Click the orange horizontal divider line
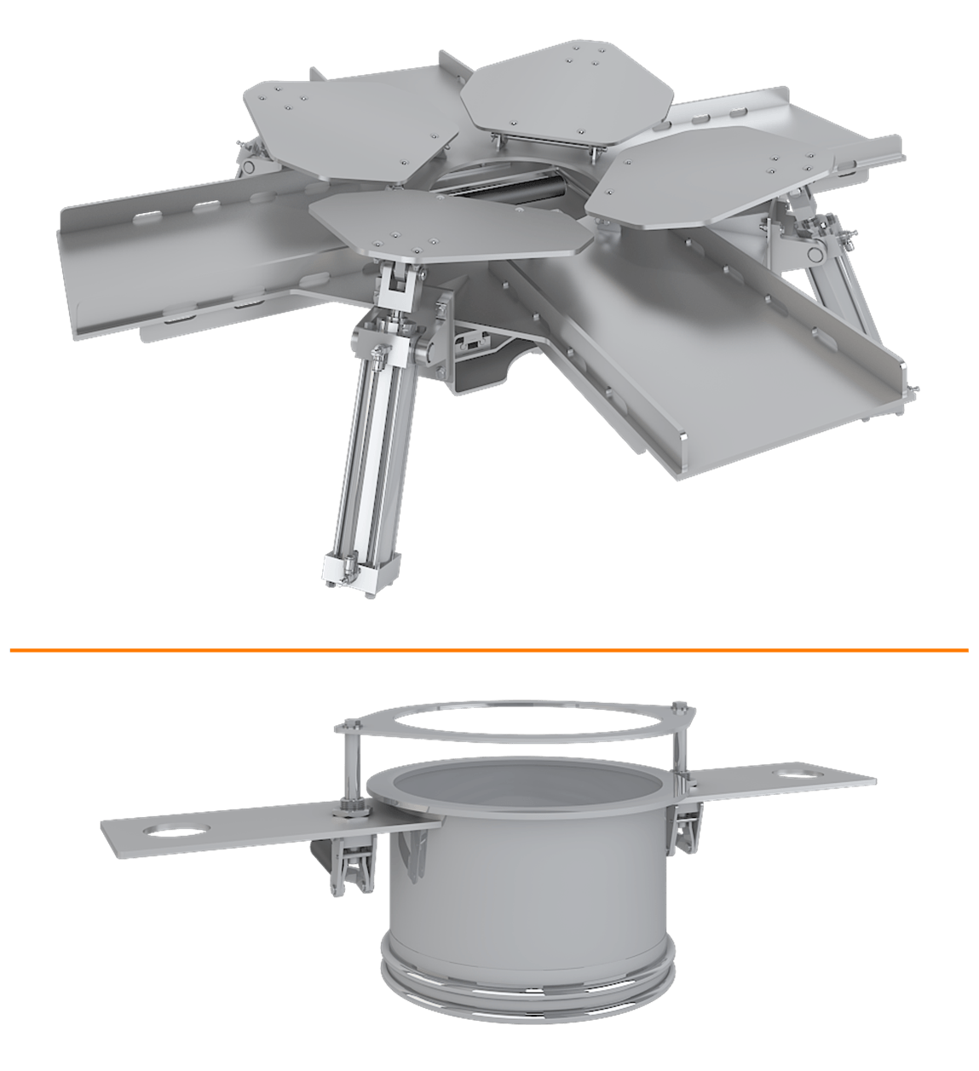[x=489, y=650]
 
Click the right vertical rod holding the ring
[x=679, y=741]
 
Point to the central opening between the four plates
[x=503, y=183]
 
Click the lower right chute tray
[x=724, y=358]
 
